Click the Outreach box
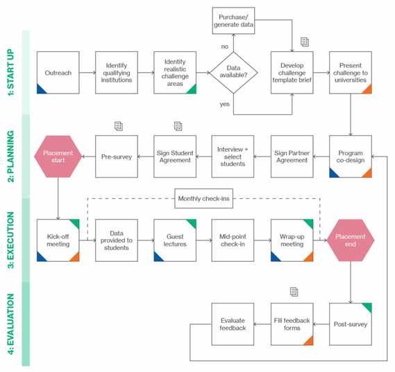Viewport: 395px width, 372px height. [x=58, y=73]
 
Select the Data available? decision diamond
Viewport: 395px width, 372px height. [x=233, y=73]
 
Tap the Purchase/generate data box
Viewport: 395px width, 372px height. [x=233, y=21]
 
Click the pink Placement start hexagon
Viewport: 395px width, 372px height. [x=58, y=157]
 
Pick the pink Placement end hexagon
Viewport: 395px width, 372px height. [x=351, y=240]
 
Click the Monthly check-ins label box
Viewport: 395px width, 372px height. [x=204, y=199]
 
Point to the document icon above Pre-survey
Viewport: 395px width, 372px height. [x=119, y=126]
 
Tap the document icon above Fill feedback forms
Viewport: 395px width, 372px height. [x=294, y=292]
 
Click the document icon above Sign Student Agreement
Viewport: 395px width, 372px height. [x=178, y=126]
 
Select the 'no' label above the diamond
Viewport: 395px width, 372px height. [x=225, y=46]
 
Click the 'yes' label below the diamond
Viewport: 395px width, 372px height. [x=225, y=104]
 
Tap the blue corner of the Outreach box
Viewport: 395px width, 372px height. [x=40, y=90]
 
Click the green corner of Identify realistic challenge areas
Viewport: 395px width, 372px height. [x=193, y=90]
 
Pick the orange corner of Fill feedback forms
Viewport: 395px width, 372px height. [x=310, y=342]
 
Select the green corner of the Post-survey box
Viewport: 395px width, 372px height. [x=368, y=307]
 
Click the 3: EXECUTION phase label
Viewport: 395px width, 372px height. [x=10, y=240]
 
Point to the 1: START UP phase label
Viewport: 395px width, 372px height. [x=10, y=72]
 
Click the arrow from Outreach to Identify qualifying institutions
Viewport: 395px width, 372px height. [x=87, y=73]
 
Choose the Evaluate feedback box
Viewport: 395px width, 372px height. [x=233, y=324]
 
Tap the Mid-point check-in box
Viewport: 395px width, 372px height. [x=233, y=240]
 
